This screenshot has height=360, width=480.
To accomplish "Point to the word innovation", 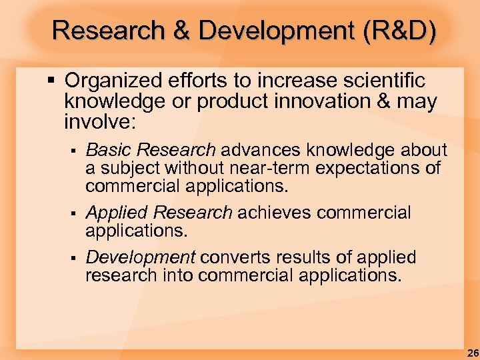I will (x=354, y=102).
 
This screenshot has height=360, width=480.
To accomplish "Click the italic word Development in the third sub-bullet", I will (x=140, y=257).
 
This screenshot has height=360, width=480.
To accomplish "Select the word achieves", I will (x=274, y=213).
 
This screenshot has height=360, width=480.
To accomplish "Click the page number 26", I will (x=472, y=352).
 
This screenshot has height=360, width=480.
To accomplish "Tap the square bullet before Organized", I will (x=52, y=81).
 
